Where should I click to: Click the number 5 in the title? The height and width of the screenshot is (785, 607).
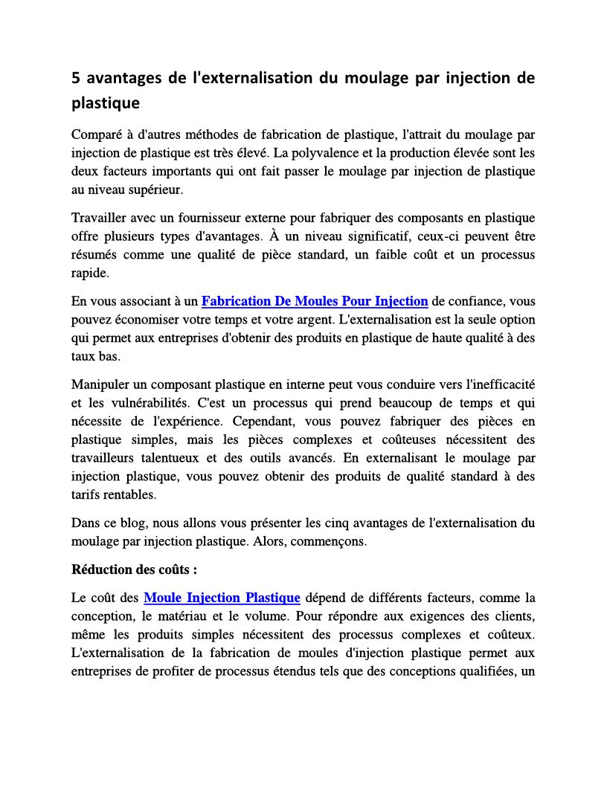pyautogui.click(x=76, y=79)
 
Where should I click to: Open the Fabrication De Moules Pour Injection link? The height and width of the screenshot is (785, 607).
pyautogui.click(x=315, y=301)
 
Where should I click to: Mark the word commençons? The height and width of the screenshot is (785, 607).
pyautogui.click(x=333, y=541)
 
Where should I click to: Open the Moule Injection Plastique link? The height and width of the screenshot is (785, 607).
pyautogui.click(x=222, y=598)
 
